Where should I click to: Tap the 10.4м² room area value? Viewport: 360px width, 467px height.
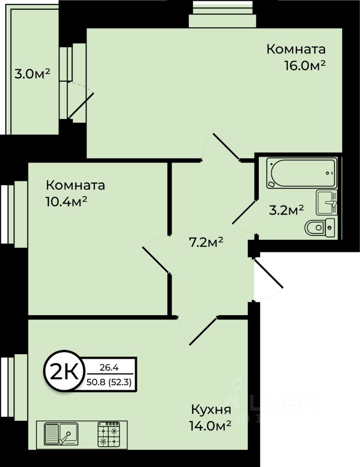click(66, 202)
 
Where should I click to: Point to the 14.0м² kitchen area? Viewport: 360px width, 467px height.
click(210, 426)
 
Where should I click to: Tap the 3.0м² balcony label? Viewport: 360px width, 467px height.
click(33, 74)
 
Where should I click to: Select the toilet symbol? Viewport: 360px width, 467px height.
click(319, 226)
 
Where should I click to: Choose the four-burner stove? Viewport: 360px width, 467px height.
click(108, 434)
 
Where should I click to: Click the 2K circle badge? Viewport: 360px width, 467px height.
click(63, 373)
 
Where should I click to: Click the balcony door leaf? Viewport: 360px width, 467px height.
click(81, 106)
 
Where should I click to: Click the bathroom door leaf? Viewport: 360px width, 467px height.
click(245, 212)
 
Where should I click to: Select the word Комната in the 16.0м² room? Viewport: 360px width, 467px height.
click(296, 50)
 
